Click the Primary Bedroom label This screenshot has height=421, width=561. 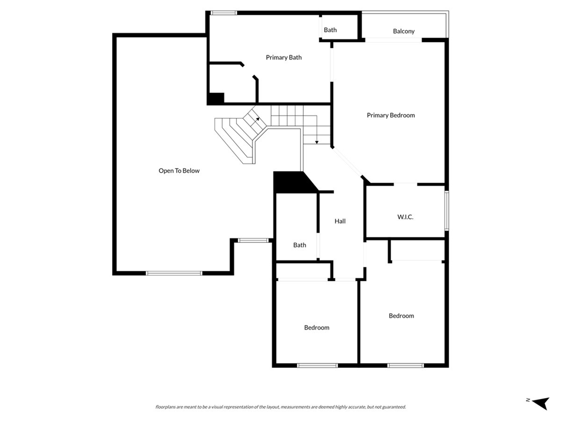click(391, 115)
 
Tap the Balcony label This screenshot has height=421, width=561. click(404, 31)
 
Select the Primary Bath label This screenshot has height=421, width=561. click(284, 58)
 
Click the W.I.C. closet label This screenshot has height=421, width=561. click(405, 217)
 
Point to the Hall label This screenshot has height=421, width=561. click(340, 221)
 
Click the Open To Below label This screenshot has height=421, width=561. click(179, 171)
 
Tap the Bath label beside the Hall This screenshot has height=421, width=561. click(300, 245)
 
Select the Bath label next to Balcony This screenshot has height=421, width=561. click(330, 30)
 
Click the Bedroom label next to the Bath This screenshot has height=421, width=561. click(317, 328)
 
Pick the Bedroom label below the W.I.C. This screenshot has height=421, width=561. click(402, 316)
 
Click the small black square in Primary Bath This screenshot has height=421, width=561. click(215, 99)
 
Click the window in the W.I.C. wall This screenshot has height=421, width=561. click(447, 210)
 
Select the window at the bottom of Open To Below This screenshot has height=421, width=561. click(174, 272)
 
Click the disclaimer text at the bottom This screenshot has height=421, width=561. click(280, 407)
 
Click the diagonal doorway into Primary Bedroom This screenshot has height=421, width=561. click(348, 162)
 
